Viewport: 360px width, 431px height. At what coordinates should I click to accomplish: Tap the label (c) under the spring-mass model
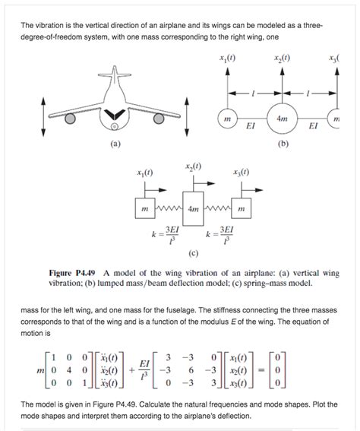point(194,254)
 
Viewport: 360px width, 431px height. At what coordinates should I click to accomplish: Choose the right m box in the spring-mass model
point(242,208)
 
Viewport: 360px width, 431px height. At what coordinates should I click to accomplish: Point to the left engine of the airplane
point(70,119)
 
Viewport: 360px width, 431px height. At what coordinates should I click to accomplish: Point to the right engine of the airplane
point(160,119)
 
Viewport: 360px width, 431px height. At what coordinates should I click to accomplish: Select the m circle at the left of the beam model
point(226,119)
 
